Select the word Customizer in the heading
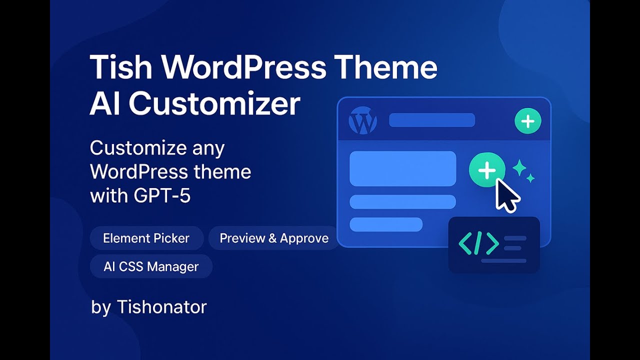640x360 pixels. (x=214, y=104)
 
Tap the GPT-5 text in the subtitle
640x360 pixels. (x=162, y=195)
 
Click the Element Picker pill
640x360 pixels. (x=146, y=238)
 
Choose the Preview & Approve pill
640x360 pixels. (x=274, y=238)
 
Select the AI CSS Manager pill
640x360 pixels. (x=151, y=266)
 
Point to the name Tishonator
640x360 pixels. (x=161, y=306)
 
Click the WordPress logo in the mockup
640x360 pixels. (x=362, y=120)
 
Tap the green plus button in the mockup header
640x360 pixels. (x=527, y=121)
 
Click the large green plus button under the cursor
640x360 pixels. (x=486, y=170)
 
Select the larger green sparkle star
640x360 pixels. (x=519, y=168)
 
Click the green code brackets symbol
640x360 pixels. (x=478, y=243)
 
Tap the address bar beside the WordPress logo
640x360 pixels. (x=432, y=120)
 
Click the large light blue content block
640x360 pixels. (x=402, y=168)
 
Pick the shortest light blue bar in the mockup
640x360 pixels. (x=386, y=224)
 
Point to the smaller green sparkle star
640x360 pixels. (x=530, y=178)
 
